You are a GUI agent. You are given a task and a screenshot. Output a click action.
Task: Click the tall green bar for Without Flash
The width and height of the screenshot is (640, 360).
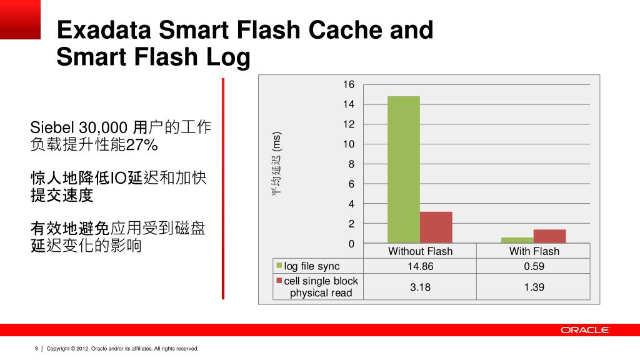pyautogui.click(x=404, y=169)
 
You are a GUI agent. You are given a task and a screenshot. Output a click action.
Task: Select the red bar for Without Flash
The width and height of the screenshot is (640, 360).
pyautogui.click(x=436, y=227)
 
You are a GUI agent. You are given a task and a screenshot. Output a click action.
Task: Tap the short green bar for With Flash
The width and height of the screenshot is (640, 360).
pyautogui.click(x=517, y=240)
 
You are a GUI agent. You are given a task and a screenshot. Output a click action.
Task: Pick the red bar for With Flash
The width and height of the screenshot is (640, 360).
pyautogui.click(x=549, y=236)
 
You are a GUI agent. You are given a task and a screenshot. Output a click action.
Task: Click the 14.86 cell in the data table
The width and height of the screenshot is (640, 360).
pyautogui.click(x=420, y=266)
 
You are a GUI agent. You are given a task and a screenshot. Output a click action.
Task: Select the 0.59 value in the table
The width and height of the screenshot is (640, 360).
pyautogui.click(x=534, y=266)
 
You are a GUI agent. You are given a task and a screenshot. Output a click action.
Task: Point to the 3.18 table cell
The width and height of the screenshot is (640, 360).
pyautogui.click(x=420, y=287)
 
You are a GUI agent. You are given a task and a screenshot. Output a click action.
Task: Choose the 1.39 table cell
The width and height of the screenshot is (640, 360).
pyautogui.click(x=534, y=287)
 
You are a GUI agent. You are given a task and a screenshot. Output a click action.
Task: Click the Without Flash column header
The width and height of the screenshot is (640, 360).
pyautogui.click(x=420, y=251)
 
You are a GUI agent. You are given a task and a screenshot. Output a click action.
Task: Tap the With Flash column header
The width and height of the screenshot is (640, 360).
pyautogui.click(x=534, y=251)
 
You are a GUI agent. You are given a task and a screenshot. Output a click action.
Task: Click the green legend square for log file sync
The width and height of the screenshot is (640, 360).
pyautogui.click(x=280, y=266)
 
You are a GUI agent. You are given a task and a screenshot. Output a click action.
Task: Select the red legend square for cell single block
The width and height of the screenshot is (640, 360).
pyautogui.click(x=280, y=281)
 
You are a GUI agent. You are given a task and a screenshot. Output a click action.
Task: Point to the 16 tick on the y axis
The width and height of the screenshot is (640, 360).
pyautogui.click(x=348, y=84)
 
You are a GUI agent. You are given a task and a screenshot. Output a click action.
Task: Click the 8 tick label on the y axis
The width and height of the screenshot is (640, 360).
pyautogui.click(x=351, y=164)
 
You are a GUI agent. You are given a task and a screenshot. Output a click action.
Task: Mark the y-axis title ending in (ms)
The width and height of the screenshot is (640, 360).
pyautogui.click(x=276, y=164)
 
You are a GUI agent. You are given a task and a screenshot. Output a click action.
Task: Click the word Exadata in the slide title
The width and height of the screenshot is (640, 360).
pyautogui.click(x=102, y=29)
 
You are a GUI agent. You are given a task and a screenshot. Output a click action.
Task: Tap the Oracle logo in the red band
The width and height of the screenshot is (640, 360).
pyautogui.click(x=584, y=330)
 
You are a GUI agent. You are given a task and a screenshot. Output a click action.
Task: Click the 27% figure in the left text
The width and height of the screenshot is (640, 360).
pyautogui.click(x=142, y=146)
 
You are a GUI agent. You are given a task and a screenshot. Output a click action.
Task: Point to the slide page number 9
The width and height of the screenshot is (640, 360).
pyautogui.click(x=36, y=348)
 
